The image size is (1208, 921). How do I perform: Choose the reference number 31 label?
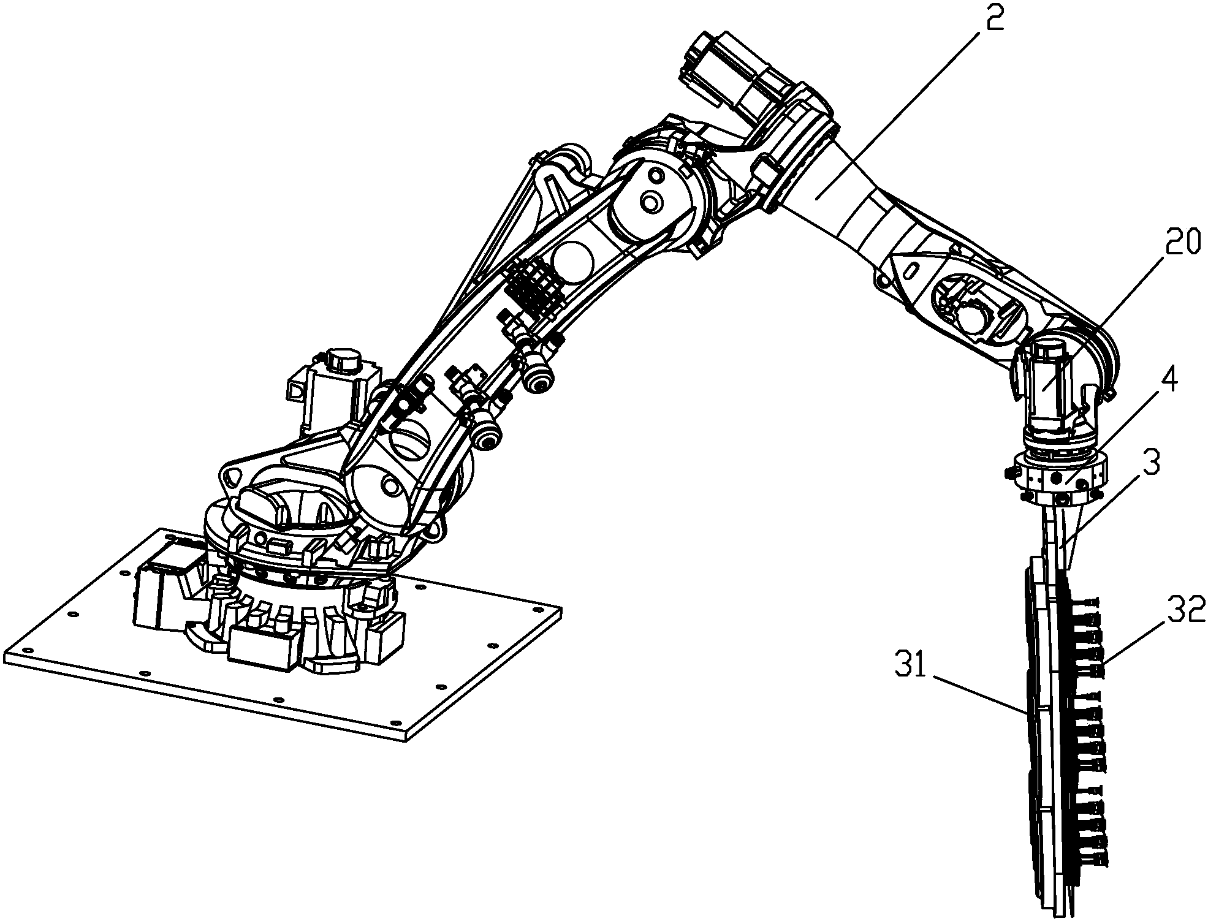coord(911,665)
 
